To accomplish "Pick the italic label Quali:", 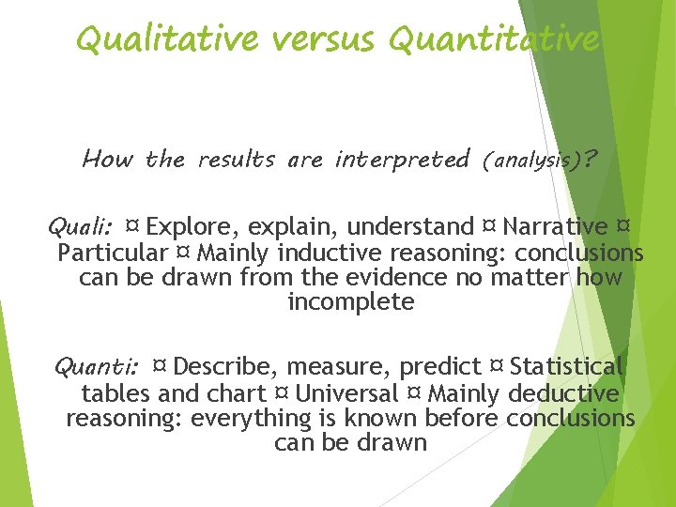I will tap(81, 227).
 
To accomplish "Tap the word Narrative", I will tap(555, 227).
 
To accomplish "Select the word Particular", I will tap(112, 253).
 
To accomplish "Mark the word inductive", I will tap(329, 253).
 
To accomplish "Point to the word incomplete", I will tap(350, 302).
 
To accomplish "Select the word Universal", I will tap(346, 393).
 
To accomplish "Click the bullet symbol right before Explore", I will tap(133, 227).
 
